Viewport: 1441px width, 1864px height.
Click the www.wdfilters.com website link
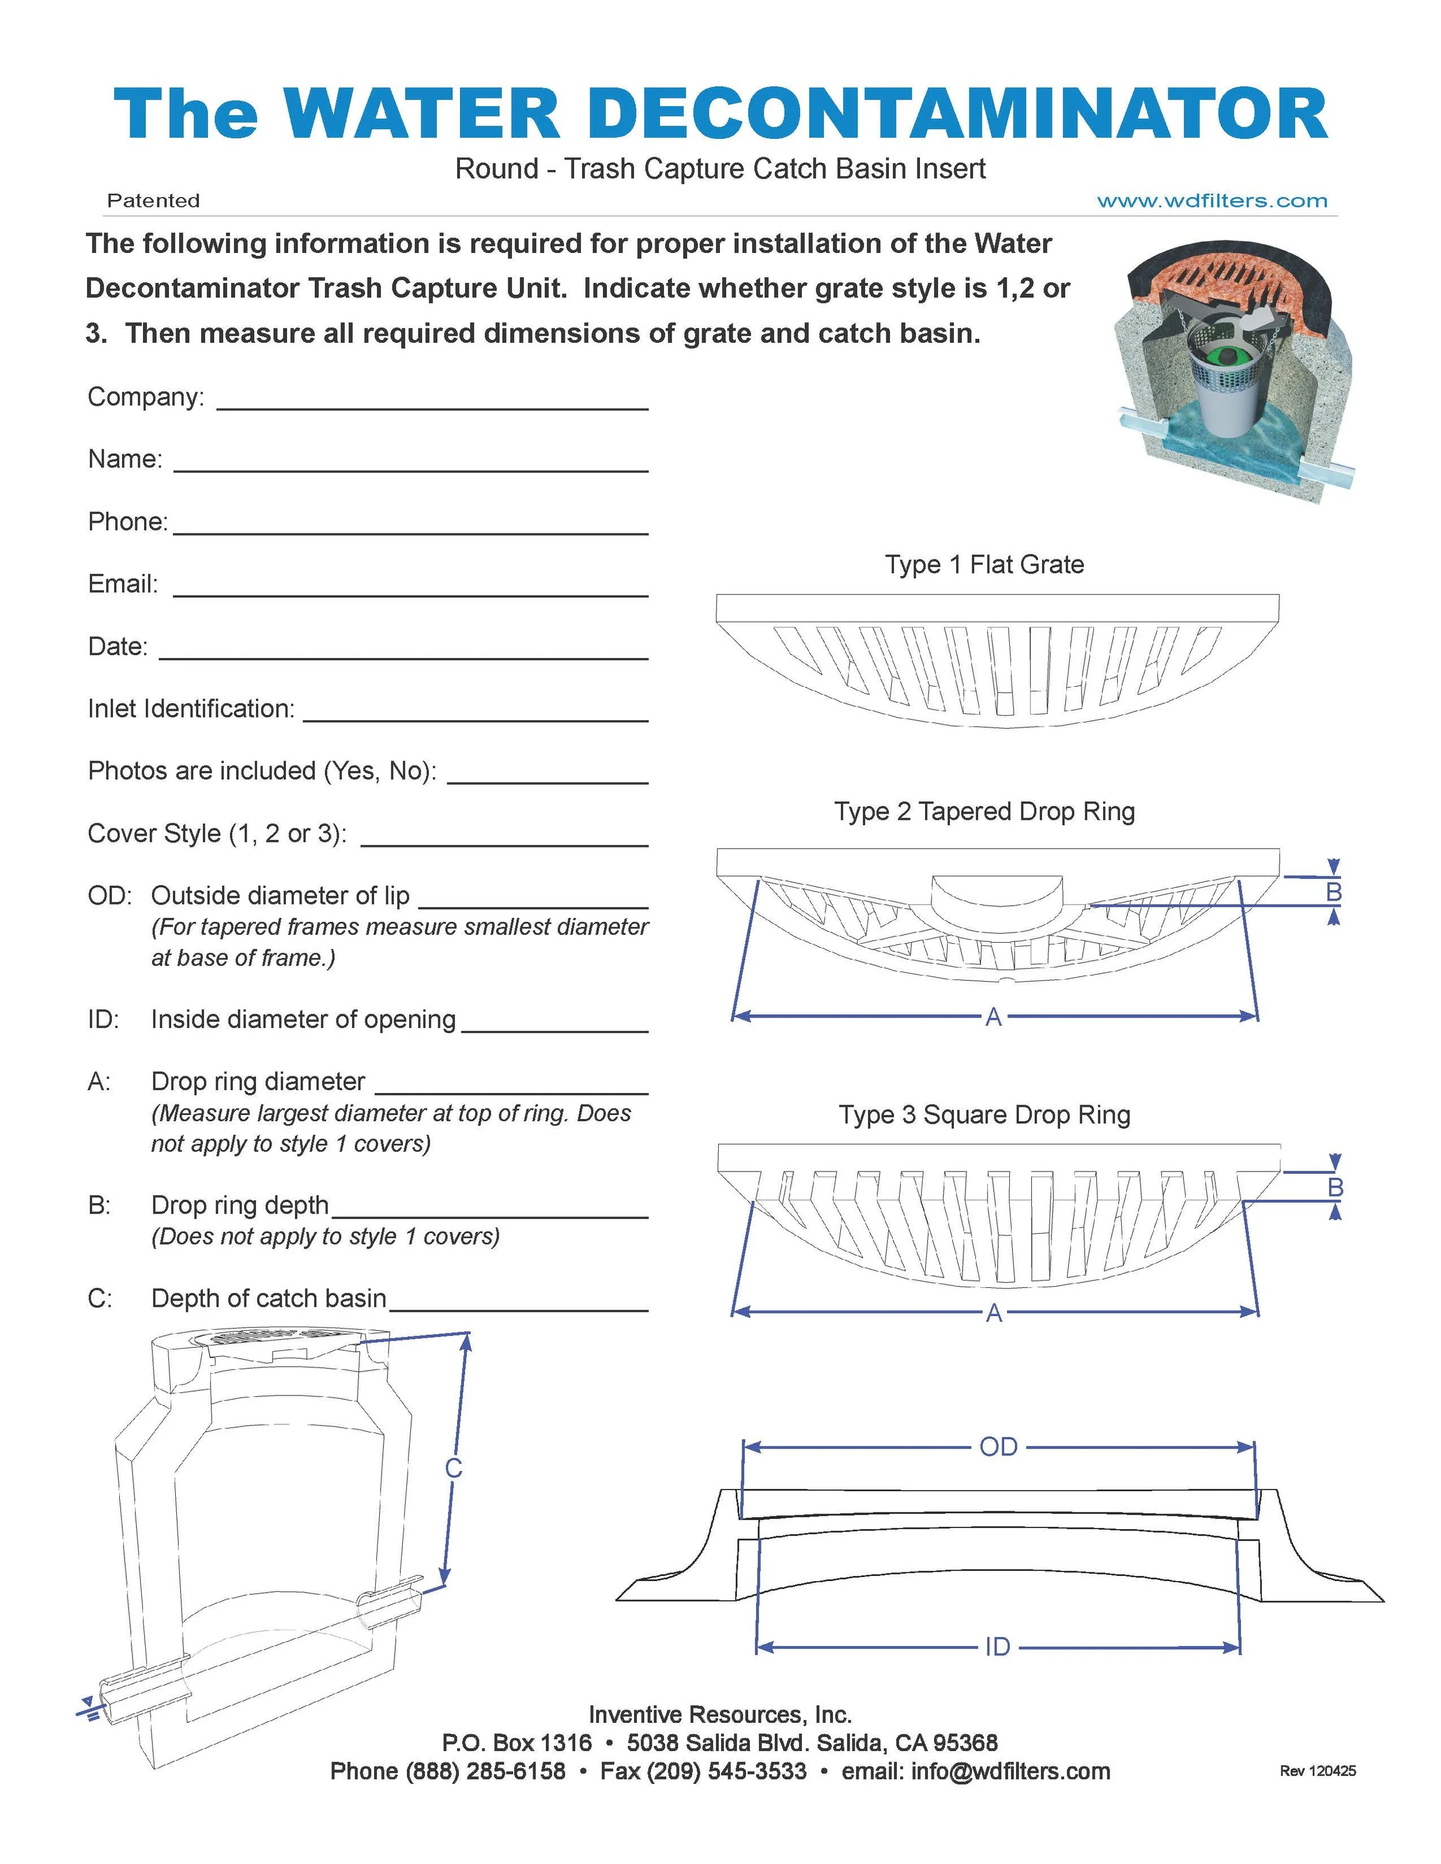pyautogui.click(x=1212, y=202)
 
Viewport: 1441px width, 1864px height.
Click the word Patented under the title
pyautogui.click(x=154, y=202)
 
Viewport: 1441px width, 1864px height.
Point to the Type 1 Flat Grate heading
pyautogui.click(x=984, y=565)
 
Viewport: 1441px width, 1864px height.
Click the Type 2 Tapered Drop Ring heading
pyautogui.click(x=984, y=812)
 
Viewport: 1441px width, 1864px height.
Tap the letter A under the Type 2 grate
pyautogui.click(x=993, y=1018)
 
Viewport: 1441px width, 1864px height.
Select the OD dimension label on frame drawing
pyautogui.click(x=998, y=1447)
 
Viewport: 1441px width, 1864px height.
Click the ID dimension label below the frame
pyautogui.click(x=997, y=1647)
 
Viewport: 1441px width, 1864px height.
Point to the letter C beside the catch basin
pyautogui.click(x=453, y=1469)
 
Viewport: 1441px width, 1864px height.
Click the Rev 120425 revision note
pyautogui.click(x=1317, y=1772)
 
